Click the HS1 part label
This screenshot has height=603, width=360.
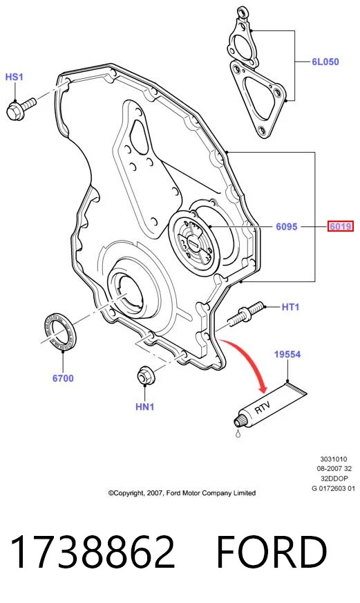pyautogui.click(x=15, y=77)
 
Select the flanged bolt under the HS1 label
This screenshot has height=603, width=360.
pyautogui.click(x=21, y=107)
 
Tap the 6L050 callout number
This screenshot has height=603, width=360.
pyautogui.click(x=325, y=62)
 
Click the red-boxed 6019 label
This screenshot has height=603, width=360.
pyautogui.click(x=341, y=227)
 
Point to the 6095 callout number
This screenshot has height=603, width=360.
pyautogui.click(x=287, y=227)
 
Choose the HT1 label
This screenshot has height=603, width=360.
pyautogui.click(x=290, y=307)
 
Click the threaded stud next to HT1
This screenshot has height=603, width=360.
pyautogui.click(x=246, y=314)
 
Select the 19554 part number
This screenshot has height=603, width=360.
pyautogui.click(x=287, y=354)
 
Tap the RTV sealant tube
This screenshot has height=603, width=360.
pyautogui.click(x=270, y=404)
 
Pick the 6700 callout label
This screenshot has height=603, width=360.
pyautogui.click(x=63, y=378)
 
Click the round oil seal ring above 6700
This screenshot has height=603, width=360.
pyautogui.click(x=59, y=332)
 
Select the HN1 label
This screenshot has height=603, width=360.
pyautogui.click(x=145, y=407)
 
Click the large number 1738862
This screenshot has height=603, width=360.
pyautogui.click(x=93, y=552)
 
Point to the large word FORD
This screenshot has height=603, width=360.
pyautogui.click(x=272, y=552)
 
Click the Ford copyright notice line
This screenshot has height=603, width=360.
pyautogui.click(x=182, y=492)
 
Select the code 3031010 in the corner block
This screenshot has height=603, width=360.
pyautogui.click(x=334, y=458)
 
